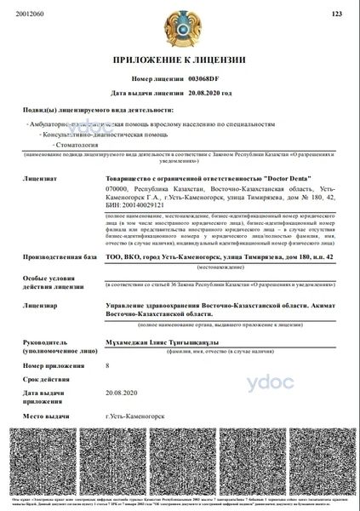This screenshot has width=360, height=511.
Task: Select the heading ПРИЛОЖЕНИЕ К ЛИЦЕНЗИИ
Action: pos(179,60)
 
